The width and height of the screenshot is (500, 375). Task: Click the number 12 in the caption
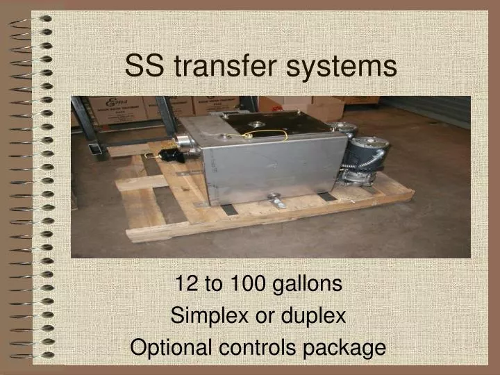[185, 283]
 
